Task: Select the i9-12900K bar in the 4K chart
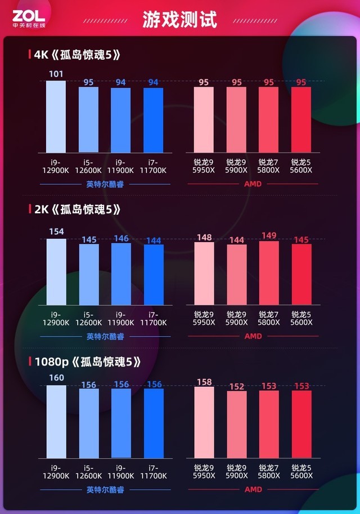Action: [x=56, y=117]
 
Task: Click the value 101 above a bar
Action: [x=56, y=74]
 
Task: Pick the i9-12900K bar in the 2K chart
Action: [x=56, y=272]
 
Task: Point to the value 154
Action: [x=56, y=231]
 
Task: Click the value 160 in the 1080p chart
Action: [x=56, y=378]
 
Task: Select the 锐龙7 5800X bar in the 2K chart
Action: [x=269, y=273]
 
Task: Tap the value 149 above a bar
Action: [x=269, y=235]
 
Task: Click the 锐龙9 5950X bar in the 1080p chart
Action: [x=204, y=422]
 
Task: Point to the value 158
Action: [x=204, y=382]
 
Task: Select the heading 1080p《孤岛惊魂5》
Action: [x=87, y=361]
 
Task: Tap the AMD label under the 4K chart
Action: [x=253, y=184]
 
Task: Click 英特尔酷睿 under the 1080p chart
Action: [x=105, y=490]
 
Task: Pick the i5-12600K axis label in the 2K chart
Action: [x=89, y=319]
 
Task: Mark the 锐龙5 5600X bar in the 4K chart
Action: [x=301, y=119]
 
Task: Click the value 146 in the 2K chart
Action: [x=121, y=238]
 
